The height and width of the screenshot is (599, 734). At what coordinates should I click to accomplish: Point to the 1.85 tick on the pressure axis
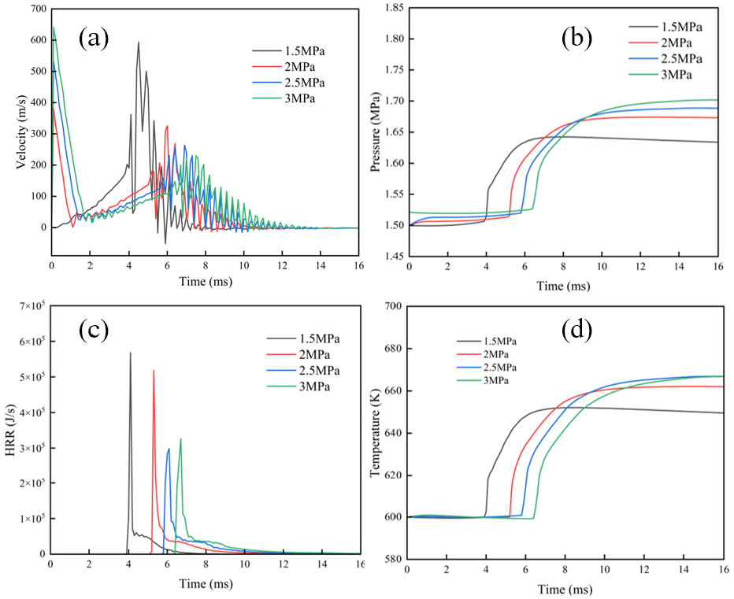[x=391, y=8]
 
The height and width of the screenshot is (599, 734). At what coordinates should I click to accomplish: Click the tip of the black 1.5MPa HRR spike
[x=130, y=353]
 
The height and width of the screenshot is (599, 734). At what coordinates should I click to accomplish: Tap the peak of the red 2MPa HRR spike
[x=154, y=370]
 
